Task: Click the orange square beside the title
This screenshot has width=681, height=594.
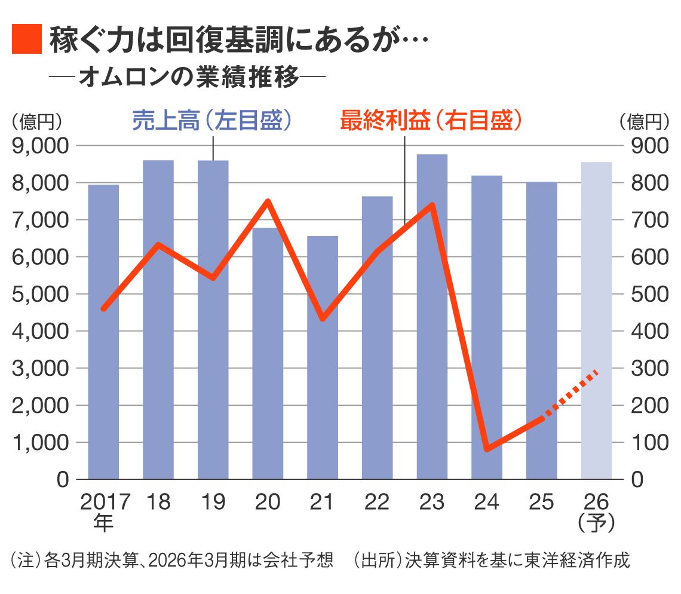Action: (x=26, y=39)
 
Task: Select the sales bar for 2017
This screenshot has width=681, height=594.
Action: (x=103, y=332)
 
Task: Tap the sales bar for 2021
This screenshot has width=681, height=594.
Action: (x=323, y=357)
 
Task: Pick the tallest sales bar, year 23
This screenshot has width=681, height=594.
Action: (x=432, y=317)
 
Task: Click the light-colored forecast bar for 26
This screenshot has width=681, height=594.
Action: (x=596, y=320)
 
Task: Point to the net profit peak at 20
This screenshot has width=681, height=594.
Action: (x=268, y=201)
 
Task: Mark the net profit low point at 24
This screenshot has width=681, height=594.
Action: (x=487, y=448)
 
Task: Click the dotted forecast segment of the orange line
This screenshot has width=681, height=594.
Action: (x=570, y=395)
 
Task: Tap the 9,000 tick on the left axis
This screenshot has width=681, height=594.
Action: (x=41, y=146)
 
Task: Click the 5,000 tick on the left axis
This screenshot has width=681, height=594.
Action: (x=41, y=294)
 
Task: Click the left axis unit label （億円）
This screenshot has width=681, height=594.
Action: (x=36, y=123)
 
